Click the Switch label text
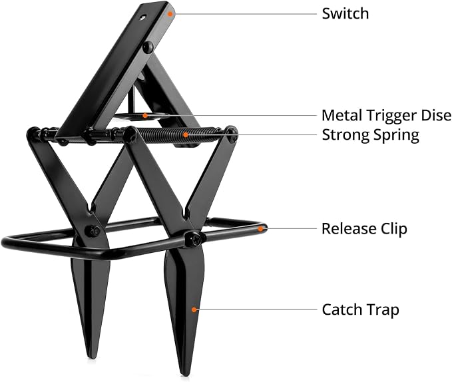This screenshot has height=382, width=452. coord(345,13)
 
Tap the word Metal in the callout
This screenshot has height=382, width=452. coord(342,115)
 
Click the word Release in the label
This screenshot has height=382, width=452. coord(349,229)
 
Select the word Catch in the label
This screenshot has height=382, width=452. coord(341,309)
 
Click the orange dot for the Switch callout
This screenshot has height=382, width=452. coord(170,13)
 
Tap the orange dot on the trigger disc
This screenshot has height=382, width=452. coord(145,116)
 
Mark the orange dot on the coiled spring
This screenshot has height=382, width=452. coord(186,134)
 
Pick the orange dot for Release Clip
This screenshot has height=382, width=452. coord(260,229)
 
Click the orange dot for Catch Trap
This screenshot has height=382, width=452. coord(194,309)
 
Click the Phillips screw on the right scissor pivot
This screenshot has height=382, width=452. coord(194,238)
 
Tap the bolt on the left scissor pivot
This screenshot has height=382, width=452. coord(94,230)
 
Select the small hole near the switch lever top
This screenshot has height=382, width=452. coord(142,18)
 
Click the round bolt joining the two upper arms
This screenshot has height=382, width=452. coord(148,46)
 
